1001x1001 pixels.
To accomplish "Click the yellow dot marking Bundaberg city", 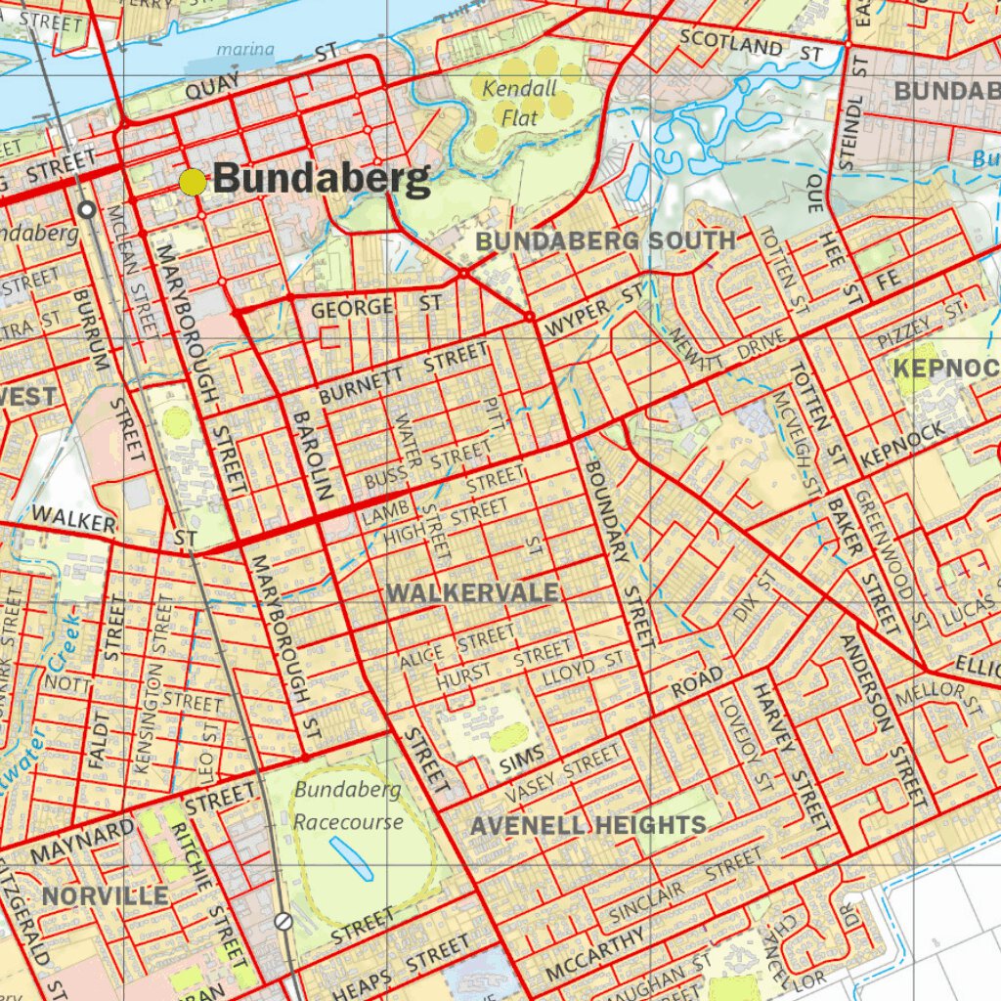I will pyautogui.click(x=194, y=182).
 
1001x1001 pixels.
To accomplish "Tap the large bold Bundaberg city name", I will pyautogui.click(x=321, y=180).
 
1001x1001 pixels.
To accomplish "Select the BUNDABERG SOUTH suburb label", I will pyautogui.click(x=606, y=241).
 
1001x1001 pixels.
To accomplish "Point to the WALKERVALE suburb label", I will pyautogui.click(x=472, y=593).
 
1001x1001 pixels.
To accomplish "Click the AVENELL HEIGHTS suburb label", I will pyautogui.click(x=588, y=825).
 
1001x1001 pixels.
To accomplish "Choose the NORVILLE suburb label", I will pyautogui.click(x=105, y=895).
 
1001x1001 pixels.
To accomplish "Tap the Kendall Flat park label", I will pyautogui.click(x=519, y=103).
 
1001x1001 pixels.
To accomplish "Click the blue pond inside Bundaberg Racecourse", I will pyautogui.click(x=350, y=858).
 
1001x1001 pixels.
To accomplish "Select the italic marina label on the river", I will pyautogui.click(x=245, y=49).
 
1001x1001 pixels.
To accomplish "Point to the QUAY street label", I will pyautogui.click(x=212, y=88).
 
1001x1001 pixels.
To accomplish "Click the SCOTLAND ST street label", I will pyautogui.click(x=751, y=46).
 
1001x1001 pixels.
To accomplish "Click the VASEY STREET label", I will pyautogui.click(x=563, y=769).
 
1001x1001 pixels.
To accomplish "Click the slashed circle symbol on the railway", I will pyautogui.click(x=283, y=920).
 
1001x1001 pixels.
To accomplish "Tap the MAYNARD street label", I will pyautogui.click(x=82, y=842).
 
